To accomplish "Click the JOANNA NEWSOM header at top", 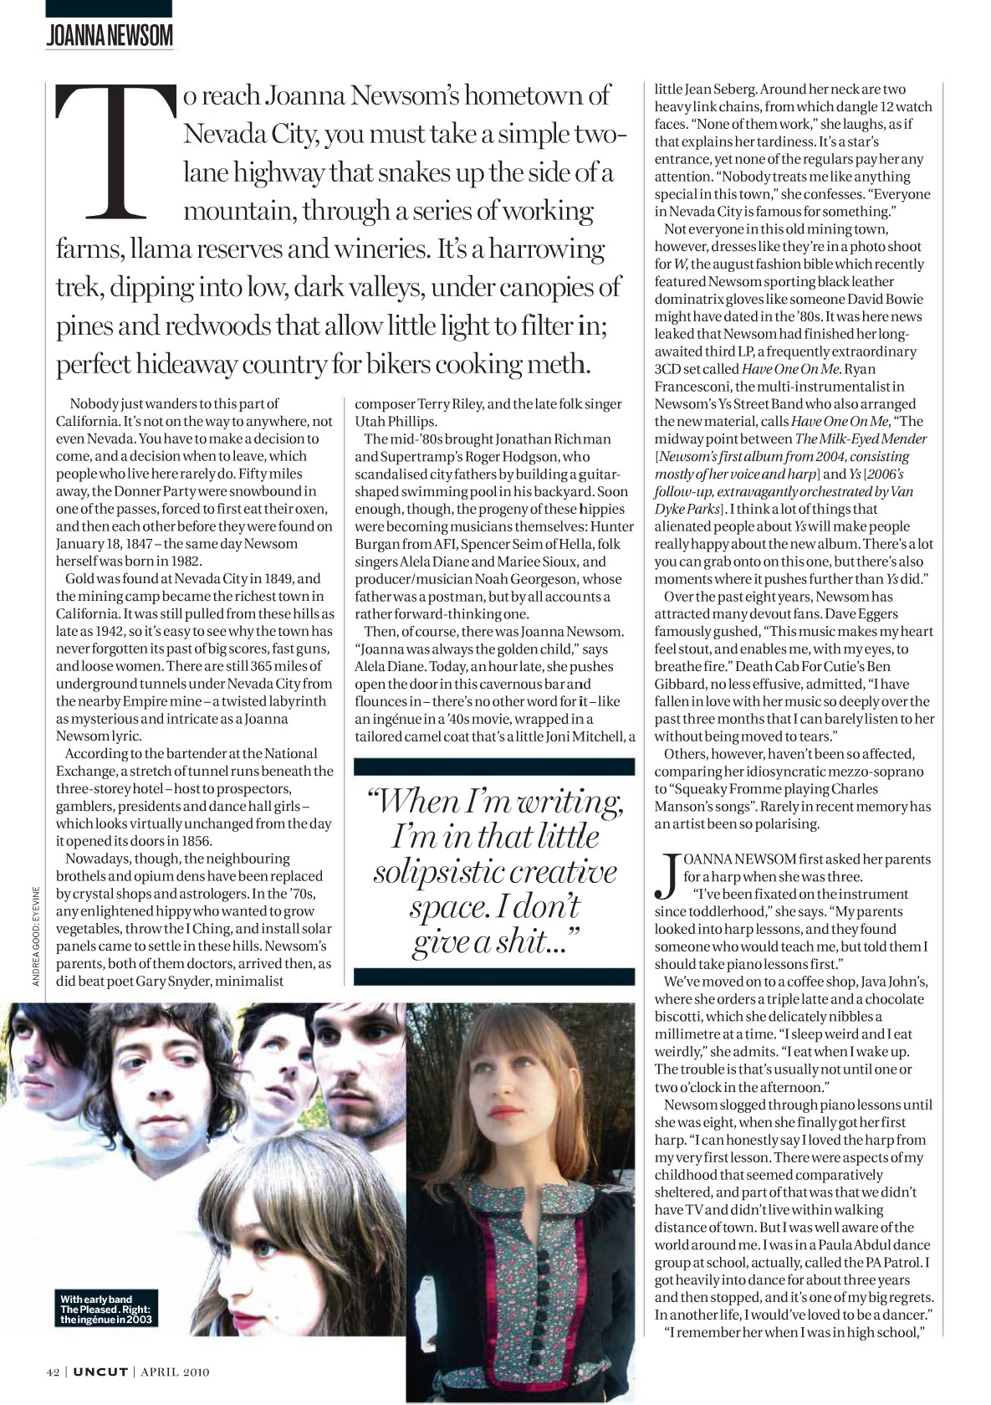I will pos(109,35).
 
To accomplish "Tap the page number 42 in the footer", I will pos(54,1372).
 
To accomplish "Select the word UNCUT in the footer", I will pos(100,1372).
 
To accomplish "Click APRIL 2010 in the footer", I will pos(175,1372).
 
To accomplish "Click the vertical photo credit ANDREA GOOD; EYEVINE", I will pos(35,935).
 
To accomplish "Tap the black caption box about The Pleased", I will pos(105,1309).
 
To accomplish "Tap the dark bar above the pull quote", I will pos(494,767).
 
